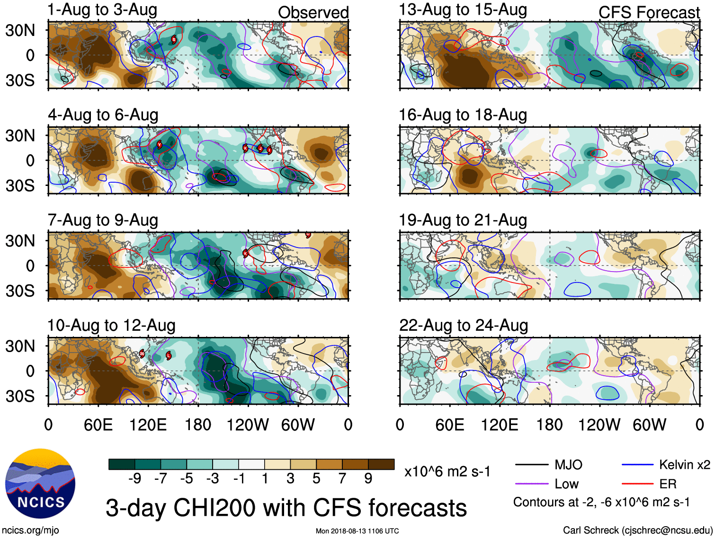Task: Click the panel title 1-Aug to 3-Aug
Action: tap(102, 10)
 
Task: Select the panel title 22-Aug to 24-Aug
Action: tap(464, 326)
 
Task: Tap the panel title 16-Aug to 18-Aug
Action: tap(463, 115)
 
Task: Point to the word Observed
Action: tap(313, 13)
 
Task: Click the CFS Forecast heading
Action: tap(649, 13)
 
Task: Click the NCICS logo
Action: tap(40, 483)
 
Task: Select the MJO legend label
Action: tap(568, 465)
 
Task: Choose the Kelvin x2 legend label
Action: tap(684, 465)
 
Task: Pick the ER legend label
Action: tap(668, 484)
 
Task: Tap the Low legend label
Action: tap(566, 484)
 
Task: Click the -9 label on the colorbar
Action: tap(134, 479)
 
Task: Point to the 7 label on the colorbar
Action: tap(342, 479)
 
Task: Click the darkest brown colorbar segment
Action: tap(381, 464)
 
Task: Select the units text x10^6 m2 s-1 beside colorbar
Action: tap(447, 472)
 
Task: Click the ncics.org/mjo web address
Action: tap(30, 530)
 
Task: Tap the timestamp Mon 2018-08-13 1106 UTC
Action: tap(357, 531)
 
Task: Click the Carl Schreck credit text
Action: tap(637, 530)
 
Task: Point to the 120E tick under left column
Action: tap(148, 425)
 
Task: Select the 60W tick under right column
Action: tap(649, 425)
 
